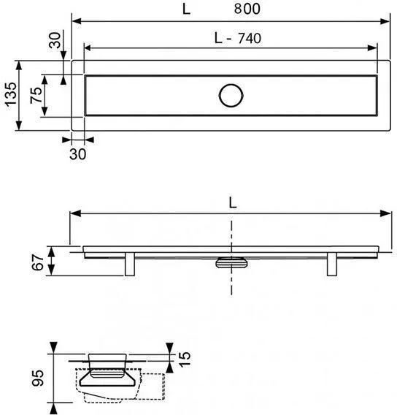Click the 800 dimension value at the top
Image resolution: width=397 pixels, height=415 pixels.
(x=247, y=9)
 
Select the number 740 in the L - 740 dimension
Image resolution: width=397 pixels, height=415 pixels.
(x=250, y=38)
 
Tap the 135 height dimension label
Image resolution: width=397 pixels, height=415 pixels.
(x=12, y=94)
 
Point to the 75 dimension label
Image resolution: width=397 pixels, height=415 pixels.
(x=36, y=95)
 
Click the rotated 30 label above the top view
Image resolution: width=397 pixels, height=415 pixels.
(x=55, y=39)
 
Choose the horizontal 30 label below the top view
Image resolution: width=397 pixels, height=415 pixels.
(x=77, y=154)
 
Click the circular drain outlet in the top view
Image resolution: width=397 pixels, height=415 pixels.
(x=231, y=96)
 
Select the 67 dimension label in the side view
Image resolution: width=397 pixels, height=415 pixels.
(x=38, y=262)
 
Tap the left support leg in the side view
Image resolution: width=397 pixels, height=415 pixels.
(x=130, y=264)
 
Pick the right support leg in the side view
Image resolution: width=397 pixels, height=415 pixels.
(x=332, y=264)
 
